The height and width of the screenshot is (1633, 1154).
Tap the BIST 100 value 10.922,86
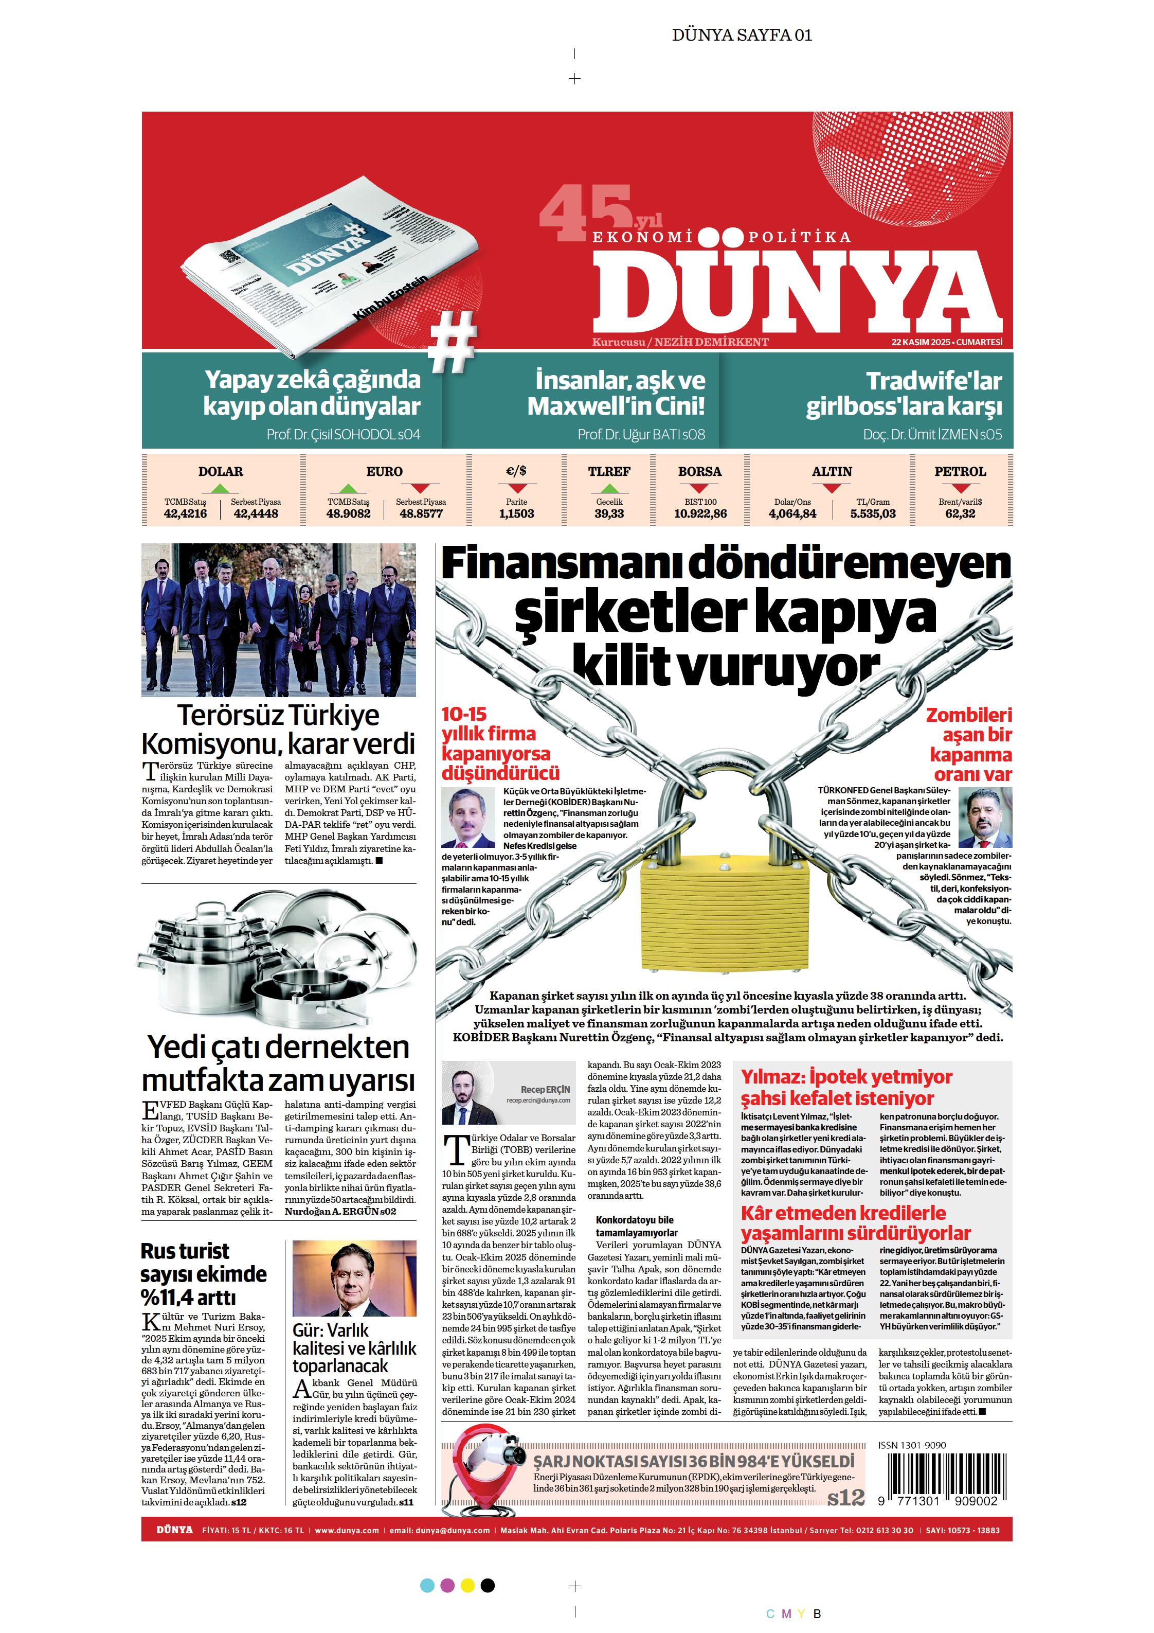point(700,513)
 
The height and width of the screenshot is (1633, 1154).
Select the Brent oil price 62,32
point(960,513)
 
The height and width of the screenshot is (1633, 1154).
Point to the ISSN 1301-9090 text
point(912,1445)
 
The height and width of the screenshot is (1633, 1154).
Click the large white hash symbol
point(452,342)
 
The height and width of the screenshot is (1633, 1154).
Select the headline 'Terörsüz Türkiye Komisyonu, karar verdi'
point(278,729)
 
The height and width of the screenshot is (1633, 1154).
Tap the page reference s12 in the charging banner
point(845,1497)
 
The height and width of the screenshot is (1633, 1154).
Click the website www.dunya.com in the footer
point(347,1531)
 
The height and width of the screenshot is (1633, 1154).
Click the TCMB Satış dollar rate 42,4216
point(185,513)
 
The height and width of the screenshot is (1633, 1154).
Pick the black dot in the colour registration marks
point(488,1585)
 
